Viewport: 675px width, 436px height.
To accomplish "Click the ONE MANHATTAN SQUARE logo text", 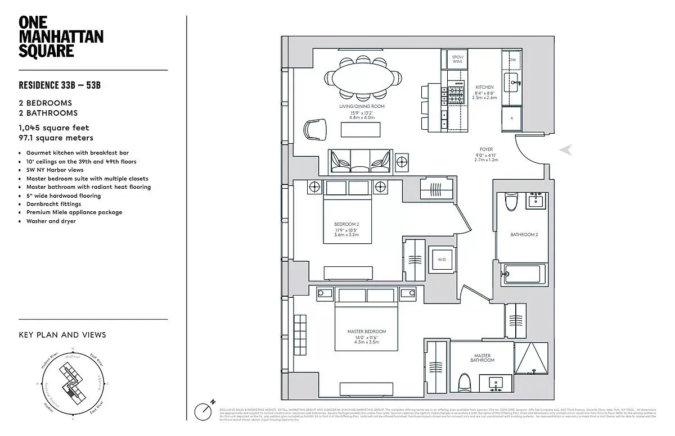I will (x=61, y=37).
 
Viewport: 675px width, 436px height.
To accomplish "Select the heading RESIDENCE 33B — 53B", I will (x=60, y=86).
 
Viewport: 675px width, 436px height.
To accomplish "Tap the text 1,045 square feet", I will (x=54, y=128).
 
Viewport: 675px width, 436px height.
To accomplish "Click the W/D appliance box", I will (x=440, y=259).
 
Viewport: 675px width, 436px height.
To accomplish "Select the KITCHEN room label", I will (x=484, y=87).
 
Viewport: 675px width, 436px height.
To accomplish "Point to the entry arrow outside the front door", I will (x=566, y=149).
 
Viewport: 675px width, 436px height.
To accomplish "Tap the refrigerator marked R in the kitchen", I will (x=512, y=119).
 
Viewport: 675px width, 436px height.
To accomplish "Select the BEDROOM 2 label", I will (x=346, y=224).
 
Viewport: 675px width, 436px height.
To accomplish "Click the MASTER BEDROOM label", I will (x=367, y=331).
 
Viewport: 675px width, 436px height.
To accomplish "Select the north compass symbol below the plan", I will (x=203, y=411).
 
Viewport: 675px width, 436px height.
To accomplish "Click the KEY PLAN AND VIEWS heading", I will (x=62, y=335).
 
